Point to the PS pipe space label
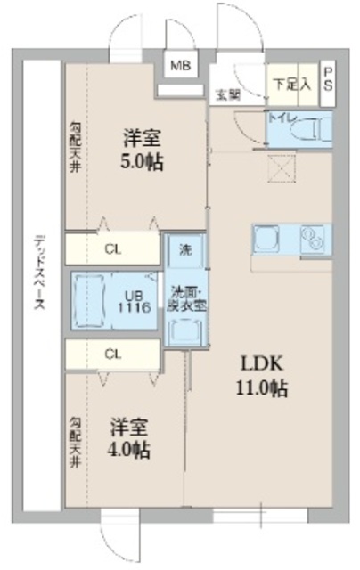point(329,78)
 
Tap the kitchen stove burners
point(313,239)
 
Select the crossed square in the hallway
point(282,166)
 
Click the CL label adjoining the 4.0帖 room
point(112,354)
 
